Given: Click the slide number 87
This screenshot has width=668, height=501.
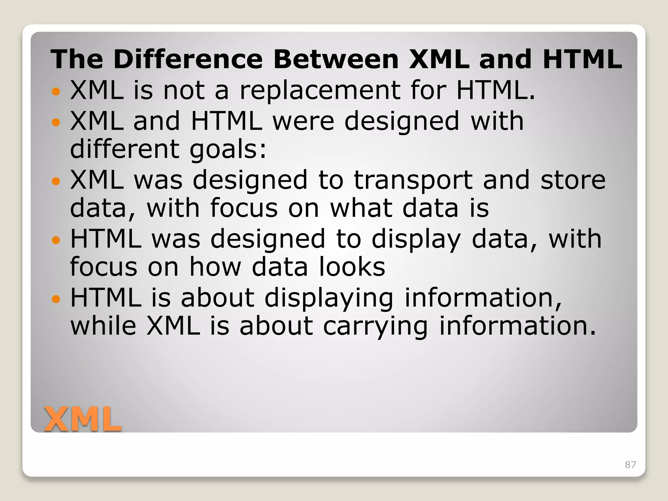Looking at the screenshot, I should pyautogui.click(x=630, y=464).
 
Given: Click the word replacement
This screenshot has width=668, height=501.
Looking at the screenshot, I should pyautogui.click(x=320, y=90).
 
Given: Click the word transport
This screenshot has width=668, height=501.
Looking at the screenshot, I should pyautogui.click(x=413, y=180).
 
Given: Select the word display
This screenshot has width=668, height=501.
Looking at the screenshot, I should pyautogui.click(x=416, y=239).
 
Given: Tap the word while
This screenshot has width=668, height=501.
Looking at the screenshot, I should pyautogui.click(x=103, y=326).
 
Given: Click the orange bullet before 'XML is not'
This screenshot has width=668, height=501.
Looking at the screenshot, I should pyautogui.click(x=56, y=91).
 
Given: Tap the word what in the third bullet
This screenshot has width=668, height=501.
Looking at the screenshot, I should pyautogui.click(x=361, y=208).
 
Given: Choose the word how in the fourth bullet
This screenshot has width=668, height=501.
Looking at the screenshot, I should pyautogui.click(x=215, y=267).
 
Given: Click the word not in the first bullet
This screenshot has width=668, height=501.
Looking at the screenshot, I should pyautogui.click(x=184, y=90).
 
